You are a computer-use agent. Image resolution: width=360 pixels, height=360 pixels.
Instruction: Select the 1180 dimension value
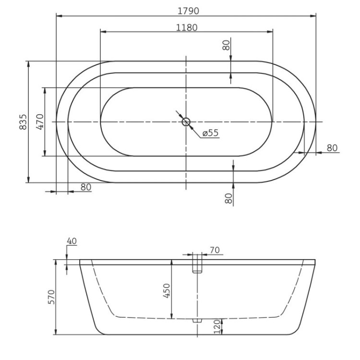(187, 27)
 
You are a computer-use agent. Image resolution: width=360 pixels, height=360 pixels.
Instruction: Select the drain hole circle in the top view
(186, 122)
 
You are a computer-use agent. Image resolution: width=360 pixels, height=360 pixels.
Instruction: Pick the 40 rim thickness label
(72, 241)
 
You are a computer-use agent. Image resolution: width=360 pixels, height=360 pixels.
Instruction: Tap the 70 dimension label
(215, 250)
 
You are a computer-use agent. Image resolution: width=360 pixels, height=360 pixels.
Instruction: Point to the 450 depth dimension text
(167, 290)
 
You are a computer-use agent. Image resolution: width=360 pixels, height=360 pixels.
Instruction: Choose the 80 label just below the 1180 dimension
(226, 46)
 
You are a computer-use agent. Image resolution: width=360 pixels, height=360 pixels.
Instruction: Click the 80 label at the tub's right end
(332, 148)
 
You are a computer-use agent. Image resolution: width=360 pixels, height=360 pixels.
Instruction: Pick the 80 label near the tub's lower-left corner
(85, 187)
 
